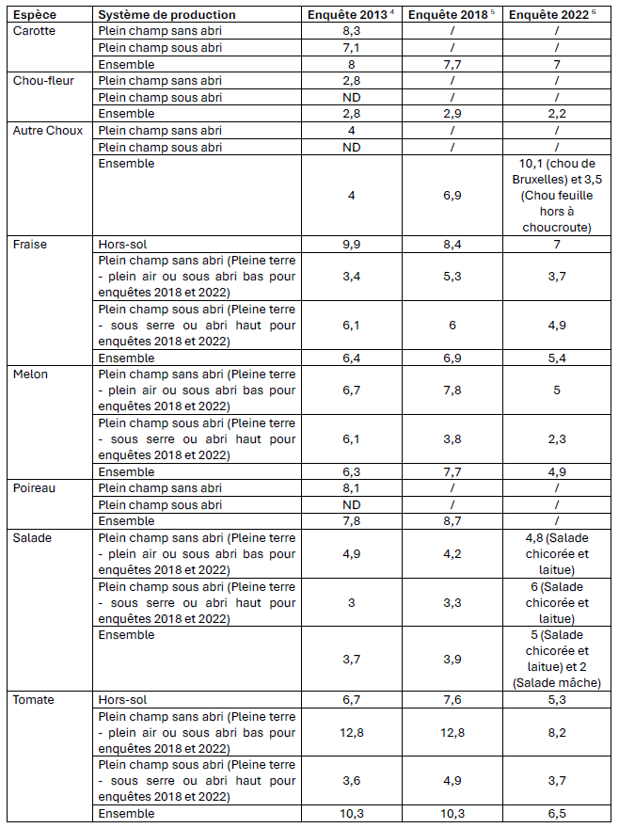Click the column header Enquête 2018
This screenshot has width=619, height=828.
pyautogui.click(x=451, y=14)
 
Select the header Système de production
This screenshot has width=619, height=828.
pyautogui.click(x=167, y=14)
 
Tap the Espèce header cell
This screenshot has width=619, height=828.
pyautogui.click(x=35, y=14)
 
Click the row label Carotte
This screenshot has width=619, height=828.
pyautogui.click(x=35, y=31)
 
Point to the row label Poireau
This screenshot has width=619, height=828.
pyautogui.click(x=35, y=488)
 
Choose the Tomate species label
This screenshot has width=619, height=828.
pyautogui.click(x=34, y=700)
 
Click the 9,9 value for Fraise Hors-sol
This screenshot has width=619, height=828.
pyautogui.click(x=351, y=244)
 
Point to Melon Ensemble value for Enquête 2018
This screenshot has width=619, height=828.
pyautogui.click(x=452, y=471)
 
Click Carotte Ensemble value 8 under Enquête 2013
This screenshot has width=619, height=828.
pyautogui.click(x=351, y=64)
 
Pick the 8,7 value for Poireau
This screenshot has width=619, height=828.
pyautogui.click(x=452, y=520)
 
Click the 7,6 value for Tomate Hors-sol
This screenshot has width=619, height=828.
pyautogui.click(x=452, y=700)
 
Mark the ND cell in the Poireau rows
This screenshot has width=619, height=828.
pyautogui.click(x=351, y=504)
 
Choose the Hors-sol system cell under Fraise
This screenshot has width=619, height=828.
pyautogui.click(x=122, y=244)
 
